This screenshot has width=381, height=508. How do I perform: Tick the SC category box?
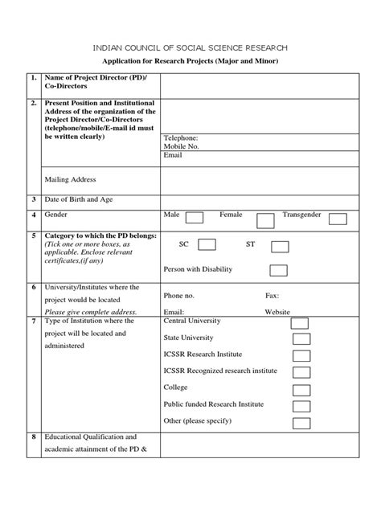point(207,244)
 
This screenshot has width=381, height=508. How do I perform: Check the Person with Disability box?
point(279,270)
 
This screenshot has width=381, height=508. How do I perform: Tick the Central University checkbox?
point(301,322)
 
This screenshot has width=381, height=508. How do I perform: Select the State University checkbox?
point(301,338)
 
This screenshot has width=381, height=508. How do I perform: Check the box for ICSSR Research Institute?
point(301,355)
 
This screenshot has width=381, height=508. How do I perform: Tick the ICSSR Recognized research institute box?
point(301,372)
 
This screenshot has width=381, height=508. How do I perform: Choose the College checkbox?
point(301,389)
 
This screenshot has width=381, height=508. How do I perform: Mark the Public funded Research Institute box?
point(301,406)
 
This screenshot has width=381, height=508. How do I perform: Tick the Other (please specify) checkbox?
point(301,423)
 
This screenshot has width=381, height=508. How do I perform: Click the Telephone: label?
point(180,138)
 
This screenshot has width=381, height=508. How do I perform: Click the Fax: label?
point(272,295)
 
